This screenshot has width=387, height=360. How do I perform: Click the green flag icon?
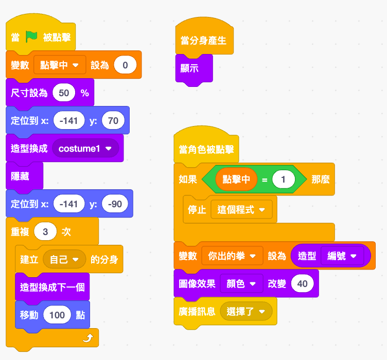click(x=31, y=37)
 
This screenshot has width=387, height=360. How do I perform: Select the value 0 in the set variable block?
click(x=125, y=65)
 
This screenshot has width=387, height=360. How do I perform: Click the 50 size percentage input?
click(x=64, y=93)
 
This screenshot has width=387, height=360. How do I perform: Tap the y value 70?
click(x=113, y=120)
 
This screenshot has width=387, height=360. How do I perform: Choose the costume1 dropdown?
click(x=85, y=148)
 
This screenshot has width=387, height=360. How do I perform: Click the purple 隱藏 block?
click(x=24, y=176)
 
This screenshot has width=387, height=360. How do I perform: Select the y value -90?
click(x=115, y=204)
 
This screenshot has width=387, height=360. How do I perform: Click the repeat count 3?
click(x=45, y=231)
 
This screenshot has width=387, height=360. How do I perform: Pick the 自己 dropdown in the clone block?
click(x=64, y=259)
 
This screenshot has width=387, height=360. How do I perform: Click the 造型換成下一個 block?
click(x=52, y=287)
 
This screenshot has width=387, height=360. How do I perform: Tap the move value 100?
click(x=57, y=315)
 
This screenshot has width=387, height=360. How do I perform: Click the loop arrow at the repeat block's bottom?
click(x=88, y=337)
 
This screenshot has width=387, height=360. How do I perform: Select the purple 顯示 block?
click(x=194, y=68)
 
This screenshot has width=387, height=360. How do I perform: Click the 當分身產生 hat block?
click(x=204, y=37)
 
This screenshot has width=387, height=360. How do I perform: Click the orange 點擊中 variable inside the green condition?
click(x=236, y=179)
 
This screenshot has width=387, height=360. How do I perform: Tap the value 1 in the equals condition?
click(x=284, y=179)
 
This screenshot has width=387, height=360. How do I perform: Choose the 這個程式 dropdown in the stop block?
click(x=242, y=210)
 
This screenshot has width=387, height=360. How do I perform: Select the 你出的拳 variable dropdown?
click(x=232, y=256)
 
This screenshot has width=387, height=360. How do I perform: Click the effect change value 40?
click(x=303, y=283)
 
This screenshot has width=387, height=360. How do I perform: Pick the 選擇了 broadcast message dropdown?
click(x=246, y=312)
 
